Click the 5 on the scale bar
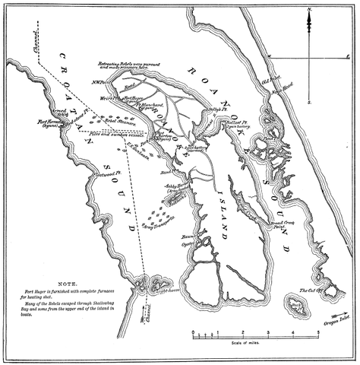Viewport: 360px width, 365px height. click(x=317, y=332)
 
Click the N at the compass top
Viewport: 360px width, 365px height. click(x=308, y=10)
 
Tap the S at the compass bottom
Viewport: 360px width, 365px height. click(x=309, y=100)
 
